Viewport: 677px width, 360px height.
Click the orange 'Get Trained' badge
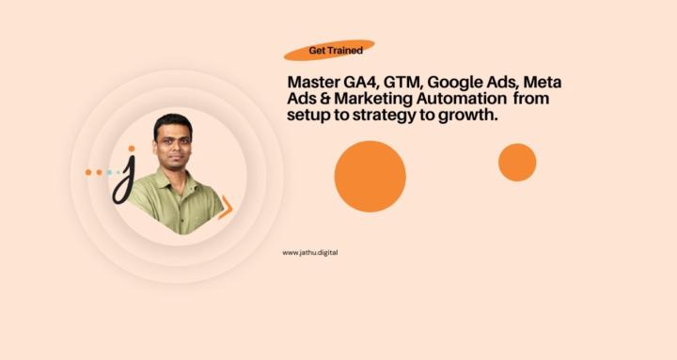point(329,50)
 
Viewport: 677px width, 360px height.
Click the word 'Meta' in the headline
point(543,84)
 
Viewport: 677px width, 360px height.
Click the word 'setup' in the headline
point(309,115)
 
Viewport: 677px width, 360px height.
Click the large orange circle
point(370,176)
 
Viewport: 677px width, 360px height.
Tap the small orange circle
point(517,162)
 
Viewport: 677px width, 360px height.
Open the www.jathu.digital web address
point(309,252)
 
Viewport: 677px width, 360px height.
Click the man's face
point(172,142)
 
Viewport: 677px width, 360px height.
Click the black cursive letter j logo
point(123,181)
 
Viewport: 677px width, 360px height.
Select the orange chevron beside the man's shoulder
point(226,207)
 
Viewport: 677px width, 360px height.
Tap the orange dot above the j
point(132,149)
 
